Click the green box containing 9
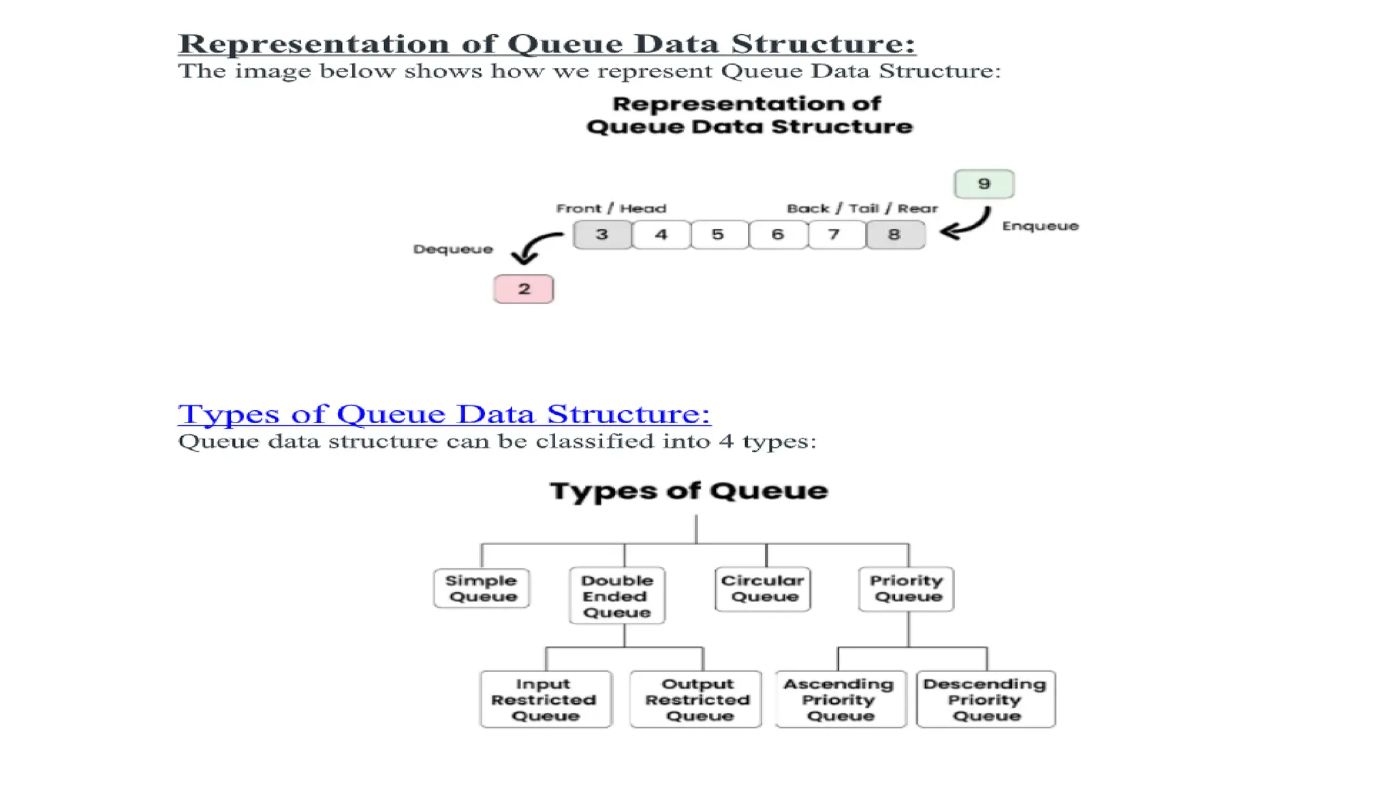pyautogui.click(x=984, y=184)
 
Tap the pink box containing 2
pyautogui.click(x=523, y=289)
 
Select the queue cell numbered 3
pyautogui.click(x=602, y=235)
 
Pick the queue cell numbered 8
pyautogui.click(x=895, y=235)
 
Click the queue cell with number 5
pyautogui.click(x=719, y=235)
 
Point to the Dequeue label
pyautogui.click(x=453, y=249)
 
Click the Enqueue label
pyautogui.click(x=1040, y=226)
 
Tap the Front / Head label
pyautogui.click(x=611, y=209)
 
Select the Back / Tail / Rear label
pyautogui.click(x=862, y=209)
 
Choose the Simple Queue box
pyautogui.click(x=482, y=589)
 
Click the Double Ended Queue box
pyautogui.click(x=617, y=596)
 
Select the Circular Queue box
pyautogui.click(x=763, y=589)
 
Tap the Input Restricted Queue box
pyautogui.click(x=546, y=700)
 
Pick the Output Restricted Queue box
pyautogui.click(x=697, y=700)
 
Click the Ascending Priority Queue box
pyautogui.click(x=840, y=700)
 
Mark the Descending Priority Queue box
pyautogui.click(x=986, y=700)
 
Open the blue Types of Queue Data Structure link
pyautogui.click(x=444, y=414)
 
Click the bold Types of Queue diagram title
pyautogui.click(x=689, y=491)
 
